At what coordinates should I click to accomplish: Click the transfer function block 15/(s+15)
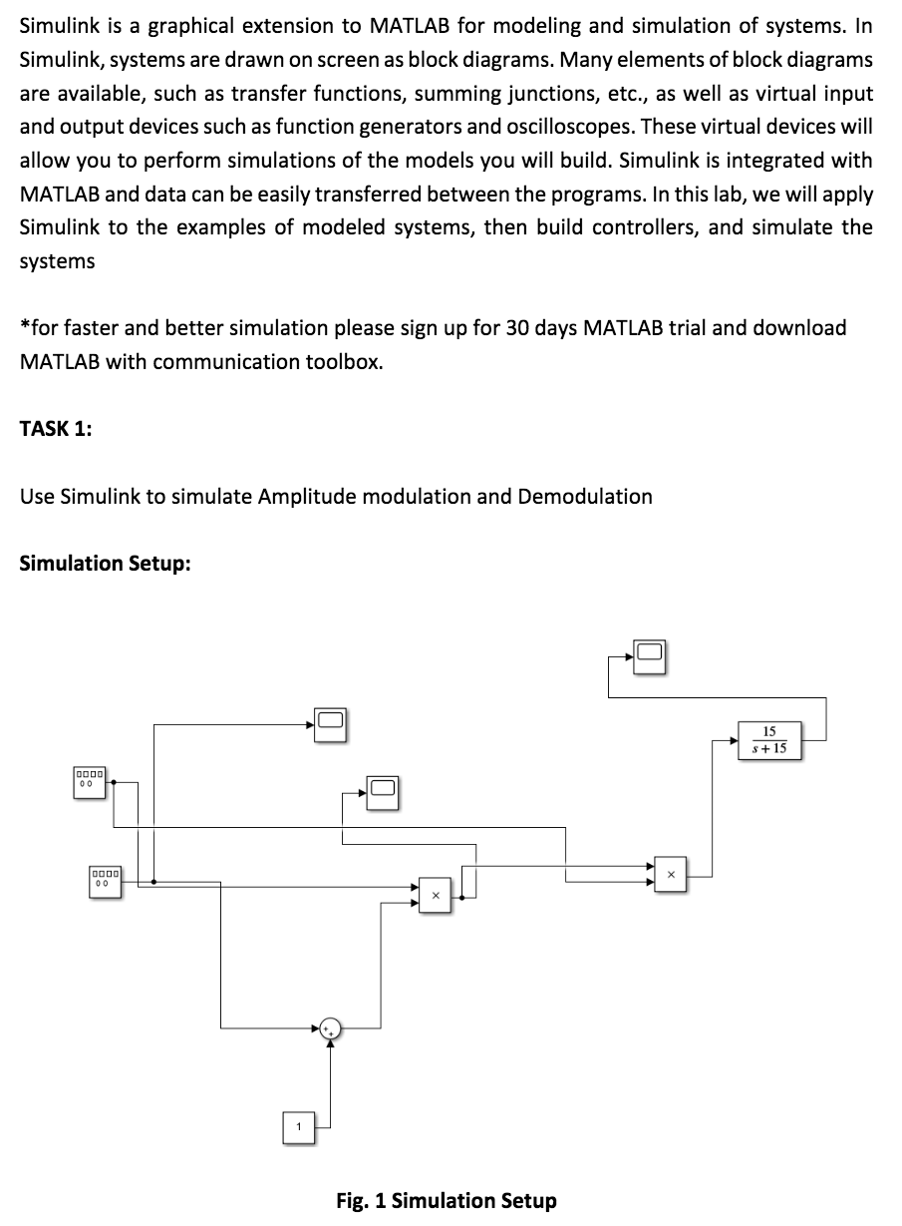click(x=769, y=739)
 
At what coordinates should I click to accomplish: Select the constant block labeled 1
click(x=297, y=1126)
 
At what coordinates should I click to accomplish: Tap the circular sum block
click(x=330, y=1027)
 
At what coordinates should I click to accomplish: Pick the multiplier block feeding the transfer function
click(x=670, y=873)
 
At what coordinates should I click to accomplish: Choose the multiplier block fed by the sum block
click(x=435, y=893)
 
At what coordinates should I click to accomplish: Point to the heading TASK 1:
click(x=56, y=429)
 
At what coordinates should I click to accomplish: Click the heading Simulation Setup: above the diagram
click(x=105, y=564)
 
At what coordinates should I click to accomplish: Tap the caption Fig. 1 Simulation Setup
click(x=447, y=1200)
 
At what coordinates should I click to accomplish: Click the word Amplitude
click(x=306, y=496)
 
